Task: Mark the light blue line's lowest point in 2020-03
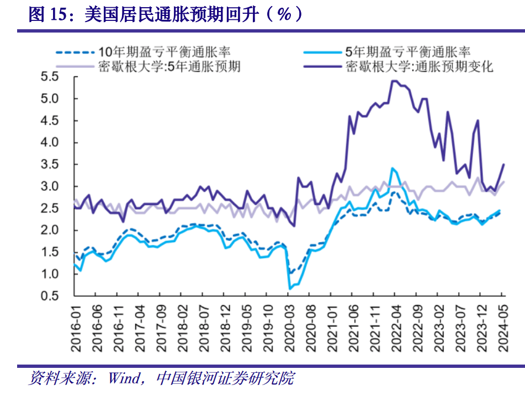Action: coord(290,288)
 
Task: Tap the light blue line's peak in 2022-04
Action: coord(392,169)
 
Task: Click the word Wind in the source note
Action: coord(124,379)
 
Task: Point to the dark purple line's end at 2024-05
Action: coord(503,164)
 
